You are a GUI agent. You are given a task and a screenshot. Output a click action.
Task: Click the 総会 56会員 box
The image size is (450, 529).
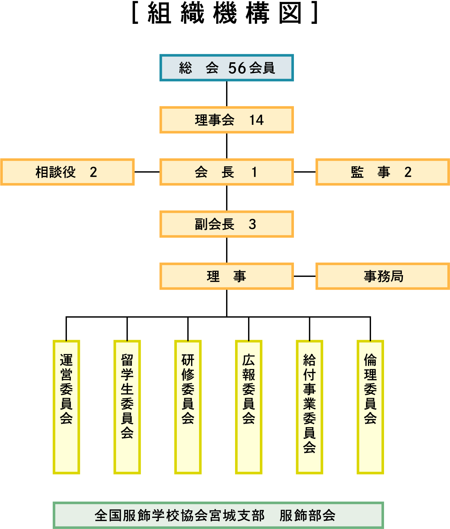pyautogui.click(x=226, y=68)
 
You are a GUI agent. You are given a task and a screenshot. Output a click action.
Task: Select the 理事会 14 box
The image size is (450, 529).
pyautogui.click(x=226, y=120)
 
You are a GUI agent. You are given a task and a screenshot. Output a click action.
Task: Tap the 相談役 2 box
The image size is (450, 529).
pyautogui.click(x=67, y=172)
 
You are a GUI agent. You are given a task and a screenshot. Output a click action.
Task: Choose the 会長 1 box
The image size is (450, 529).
pyautogui.click(x=226, y=172)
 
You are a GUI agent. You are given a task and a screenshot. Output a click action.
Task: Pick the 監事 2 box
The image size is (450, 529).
pyautogui.click(x=382, y=172)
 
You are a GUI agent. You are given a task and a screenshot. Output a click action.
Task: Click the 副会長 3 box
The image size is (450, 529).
pyautogui.click(x=226, y=224)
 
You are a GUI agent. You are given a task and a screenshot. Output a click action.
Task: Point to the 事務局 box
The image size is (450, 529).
pyautogui.click(x=382, y=276)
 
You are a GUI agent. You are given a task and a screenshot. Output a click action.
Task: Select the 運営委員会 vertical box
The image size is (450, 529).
pyautogui.click(x=66, y=407)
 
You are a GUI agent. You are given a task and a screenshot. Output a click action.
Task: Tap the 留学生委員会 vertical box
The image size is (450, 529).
pyautogui.click(x=127, y=407)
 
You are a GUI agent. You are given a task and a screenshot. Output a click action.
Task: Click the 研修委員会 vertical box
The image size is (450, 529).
pyautogui.click(x=188, y=407)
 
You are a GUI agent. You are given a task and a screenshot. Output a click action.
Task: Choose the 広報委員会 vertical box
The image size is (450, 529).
pyautogui.click(x=249, y=407)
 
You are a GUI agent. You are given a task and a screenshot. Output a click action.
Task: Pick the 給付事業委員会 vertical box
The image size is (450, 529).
pyautogui.click(x=309, y=407)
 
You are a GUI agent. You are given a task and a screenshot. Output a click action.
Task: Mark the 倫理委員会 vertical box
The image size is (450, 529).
pyautogui.click(x=370, y=407)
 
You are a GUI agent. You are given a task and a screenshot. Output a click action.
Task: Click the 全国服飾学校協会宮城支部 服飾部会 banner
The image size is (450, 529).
pyautogui.click(x=218, y=515)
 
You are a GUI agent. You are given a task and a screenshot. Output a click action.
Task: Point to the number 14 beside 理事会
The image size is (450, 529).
pyautogui.click(x=256, y=120)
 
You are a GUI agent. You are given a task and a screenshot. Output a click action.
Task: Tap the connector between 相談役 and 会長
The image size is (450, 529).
pyautogui.click(x=147, y=172)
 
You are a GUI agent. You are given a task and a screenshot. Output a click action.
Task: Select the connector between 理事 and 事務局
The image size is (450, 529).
pyautogui.click(x=304, y=276)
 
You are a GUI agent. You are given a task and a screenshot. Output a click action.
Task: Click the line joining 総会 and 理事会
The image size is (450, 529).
pyautogui.click(x=227, y=94)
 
